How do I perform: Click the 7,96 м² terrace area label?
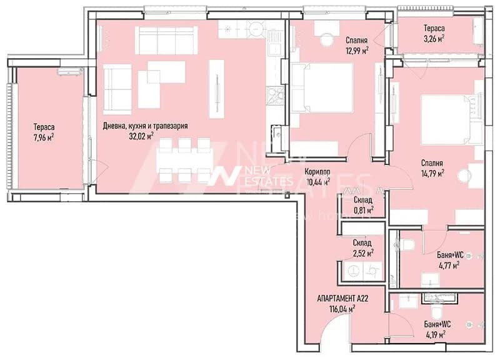coord(44,138)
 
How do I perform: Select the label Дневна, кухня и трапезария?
coord(146,126)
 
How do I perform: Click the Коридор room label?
coord(317,172)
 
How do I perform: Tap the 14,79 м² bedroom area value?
coord(432,174)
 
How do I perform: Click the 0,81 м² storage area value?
coord(363,210)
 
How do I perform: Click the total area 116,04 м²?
coord(342,309)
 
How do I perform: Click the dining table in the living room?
coord(184,161)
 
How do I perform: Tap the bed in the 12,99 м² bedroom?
coord(322,87)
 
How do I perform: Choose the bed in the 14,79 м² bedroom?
coord(450,119)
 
